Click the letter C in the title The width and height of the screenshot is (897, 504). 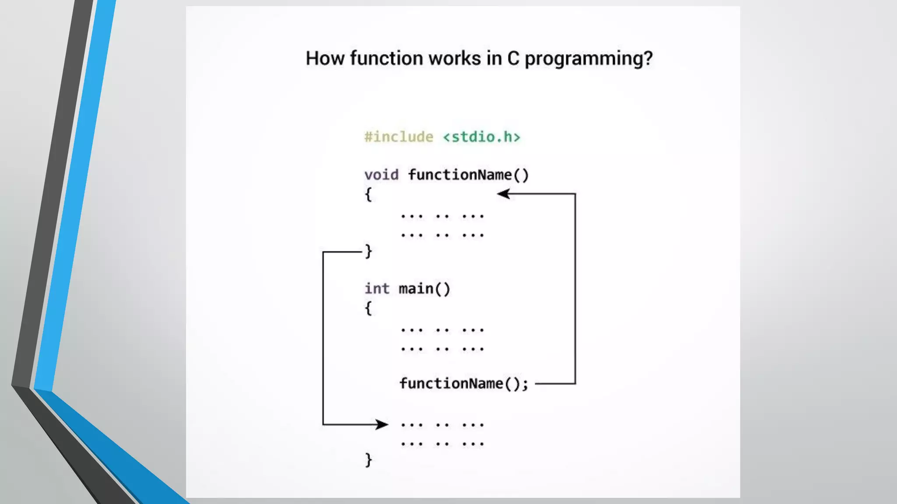click(x=513, y=58)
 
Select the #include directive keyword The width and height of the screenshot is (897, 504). click(x=399, y=137)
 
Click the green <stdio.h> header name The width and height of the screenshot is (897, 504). click(x=481, y=137)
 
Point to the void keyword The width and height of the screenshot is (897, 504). click(x=381, y=175)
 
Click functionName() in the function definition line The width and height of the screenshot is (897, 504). click(x=468, y=175)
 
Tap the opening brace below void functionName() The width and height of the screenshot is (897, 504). click(x=368, y=194)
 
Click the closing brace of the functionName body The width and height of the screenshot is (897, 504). click(x=368, y=251)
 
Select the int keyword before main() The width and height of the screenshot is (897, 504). click(x=377, y=288)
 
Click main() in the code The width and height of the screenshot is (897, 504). click(x=424, y=289)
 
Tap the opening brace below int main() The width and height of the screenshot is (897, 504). click(x=368, y=308)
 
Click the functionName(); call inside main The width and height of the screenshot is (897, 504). click(x=464, y=384)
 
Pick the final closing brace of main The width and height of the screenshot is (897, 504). click(x=368, y=460)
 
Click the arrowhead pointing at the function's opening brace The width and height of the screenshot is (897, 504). click(x=504, y=194)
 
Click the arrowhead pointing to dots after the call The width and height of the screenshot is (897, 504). click(x=381, y=424)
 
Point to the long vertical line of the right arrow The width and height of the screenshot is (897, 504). click(x=575, y=289)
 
